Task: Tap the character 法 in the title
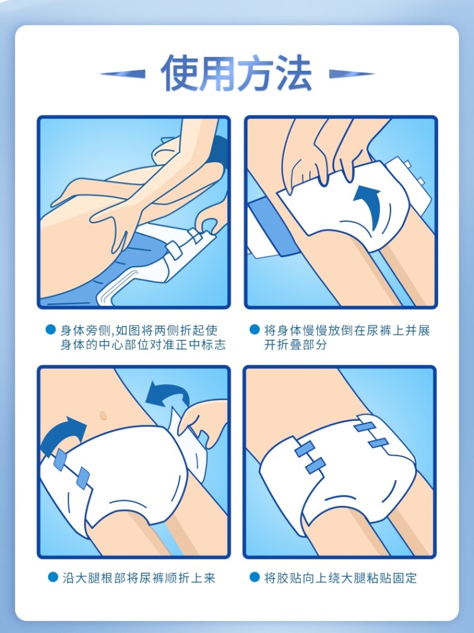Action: (293, 73)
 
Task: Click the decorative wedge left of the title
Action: (123, 74)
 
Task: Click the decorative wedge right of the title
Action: (351, 74)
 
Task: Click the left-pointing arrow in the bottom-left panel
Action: (166, 393)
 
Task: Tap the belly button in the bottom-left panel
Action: (102, 414)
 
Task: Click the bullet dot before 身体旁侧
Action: (51, 329)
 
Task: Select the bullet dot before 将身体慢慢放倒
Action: (254, 329)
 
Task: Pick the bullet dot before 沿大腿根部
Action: (52, 577)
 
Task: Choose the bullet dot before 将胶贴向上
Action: (254, 577)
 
